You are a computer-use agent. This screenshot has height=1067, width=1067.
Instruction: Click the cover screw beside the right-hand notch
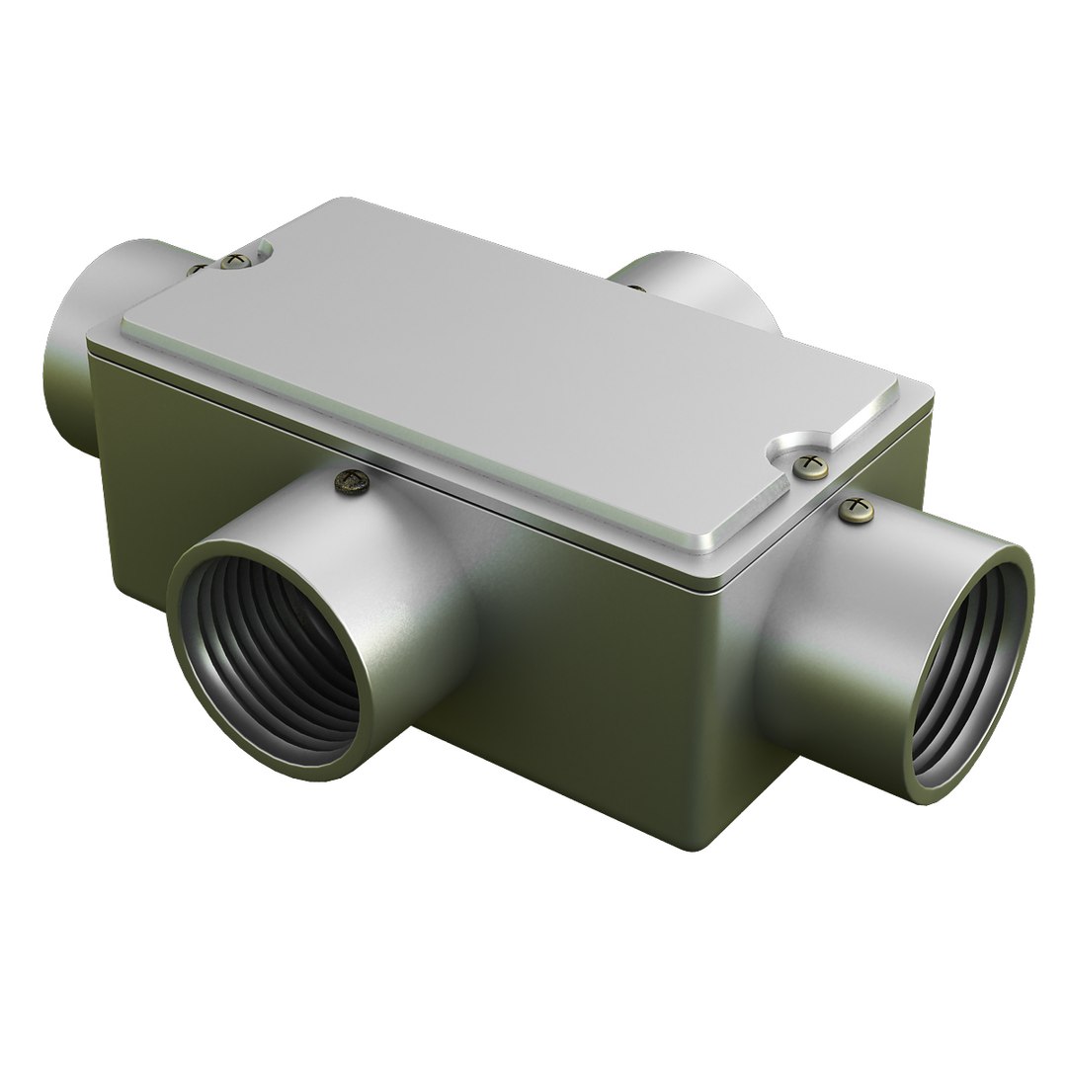click(x=811, y=463)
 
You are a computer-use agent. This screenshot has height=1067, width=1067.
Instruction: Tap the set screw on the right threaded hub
click(x=857, y=510)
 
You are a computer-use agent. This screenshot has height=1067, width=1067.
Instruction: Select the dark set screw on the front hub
click(x=354, y=481)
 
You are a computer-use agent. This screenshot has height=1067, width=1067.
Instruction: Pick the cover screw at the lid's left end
click(x=233, y=261)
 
